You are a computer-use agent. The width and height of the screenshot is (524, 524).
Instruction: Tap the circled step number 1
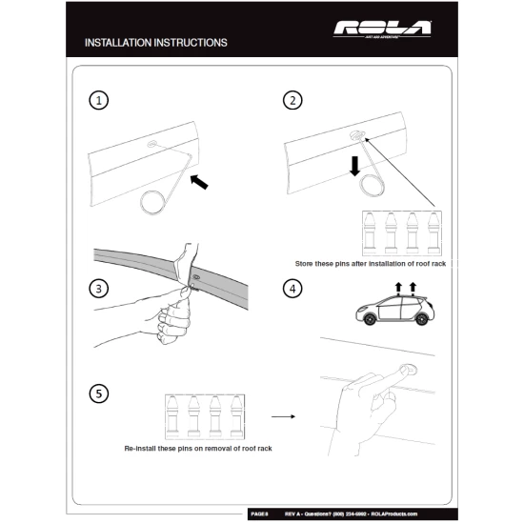coord(95,100)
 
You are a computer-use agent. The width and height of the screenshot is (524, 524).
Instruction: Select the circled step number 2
coord(292,100)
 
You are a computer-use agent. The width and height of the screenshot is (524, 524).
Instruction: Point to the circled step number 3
coord(95,288)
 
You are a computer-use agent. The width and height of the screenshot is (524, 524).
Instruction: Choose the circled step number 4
coord(292,288)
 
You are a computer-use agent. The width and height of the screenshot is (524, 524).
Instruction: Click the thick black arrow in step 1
coord(204,181)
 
